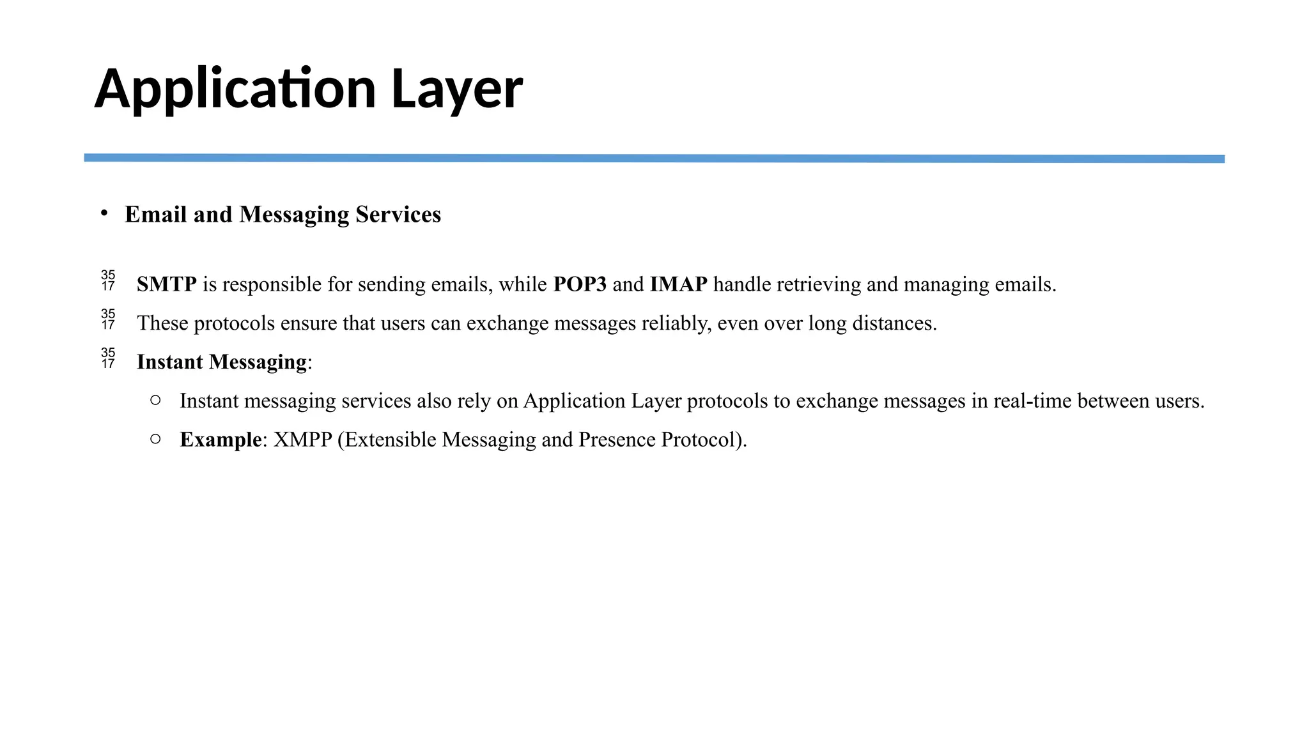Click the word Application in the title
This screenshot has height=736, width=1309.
point(235,89)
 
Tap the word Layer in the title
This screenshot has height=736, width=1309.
point(456,89)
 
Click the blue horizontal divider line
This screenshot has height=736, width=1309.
point(654,158)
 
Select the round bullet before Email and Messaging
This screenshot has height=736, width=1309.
point(104,213)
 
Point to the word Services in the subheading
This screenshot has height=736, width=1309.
point(398,215)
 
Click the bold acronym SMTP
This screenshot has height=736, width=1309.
point(166,284)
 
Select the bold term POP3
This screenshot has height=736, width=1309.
point(579,284)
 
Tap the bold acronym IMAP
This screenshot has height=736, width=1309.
point(678,284)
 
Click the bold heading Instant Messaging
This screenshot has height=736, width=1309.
point(221,362)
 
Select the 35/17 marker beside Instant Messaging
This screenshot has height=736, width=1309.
point(108,358)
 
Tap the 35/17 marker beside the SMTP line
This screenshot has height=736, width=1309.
point(108,280)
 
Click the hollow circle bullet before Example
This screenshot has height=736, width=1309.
point(155,439)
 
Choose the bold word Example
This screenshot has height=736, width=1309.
point(221,440)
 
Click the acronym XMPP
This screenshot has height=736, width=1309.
point(302,440)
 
